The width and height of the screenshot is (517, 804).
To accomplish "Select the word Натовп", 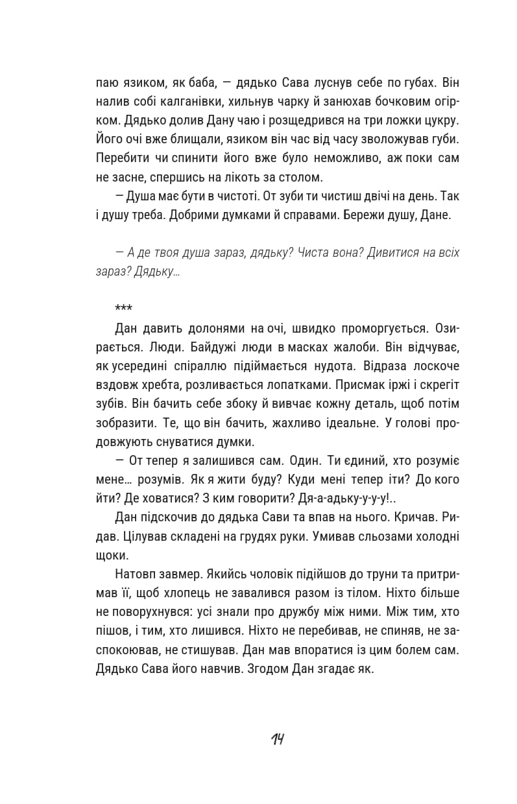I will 135,574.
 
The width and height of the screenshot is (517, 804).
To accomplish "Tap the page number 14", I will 278,739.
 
